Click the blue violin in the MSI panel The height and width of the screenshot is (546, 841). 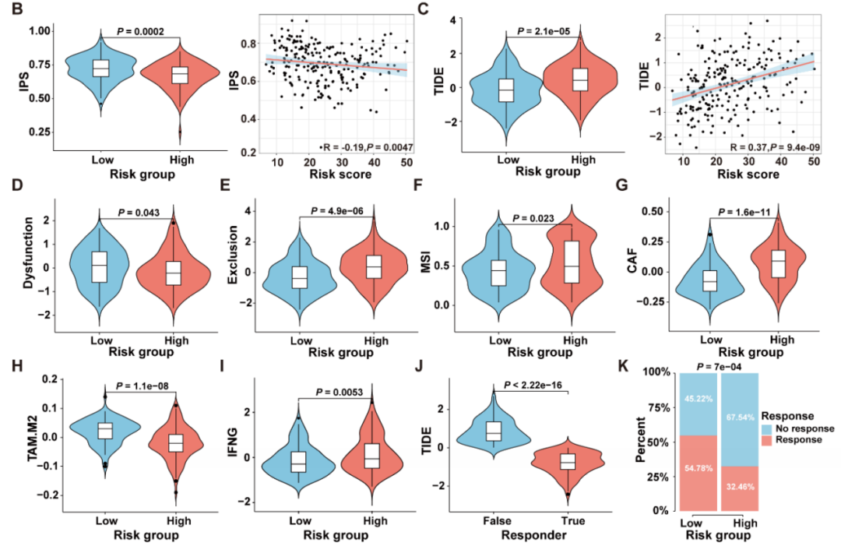pos(498,273)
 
